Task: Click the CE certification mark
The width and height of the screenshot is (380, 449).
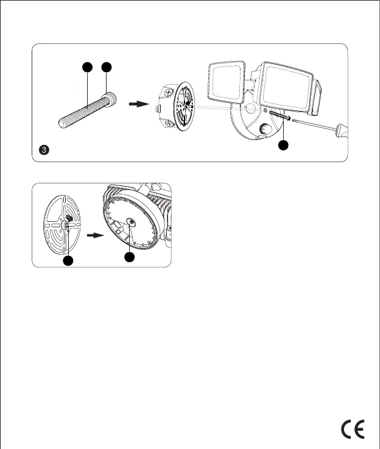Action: coord(353,429)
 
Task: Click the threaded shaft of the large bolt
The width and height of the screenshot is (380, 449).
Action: coord(82,112)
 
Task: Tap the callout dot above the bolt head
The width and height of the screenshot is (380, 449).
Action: coord(107,66)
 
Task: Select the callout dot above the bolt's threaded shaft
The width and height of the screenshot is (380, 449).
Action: coord(88,66)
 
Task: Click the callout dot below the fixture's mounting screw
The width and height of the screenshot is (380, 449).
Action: coord(283,146)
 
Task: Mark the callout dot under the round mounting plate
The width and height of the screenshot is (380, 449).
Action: coord(69,261)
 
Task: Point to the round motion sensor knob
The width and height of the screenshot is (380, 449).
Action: coord(265,129)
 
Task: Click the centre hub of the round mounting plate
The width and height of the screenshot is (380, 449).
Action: coord(64,224)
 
